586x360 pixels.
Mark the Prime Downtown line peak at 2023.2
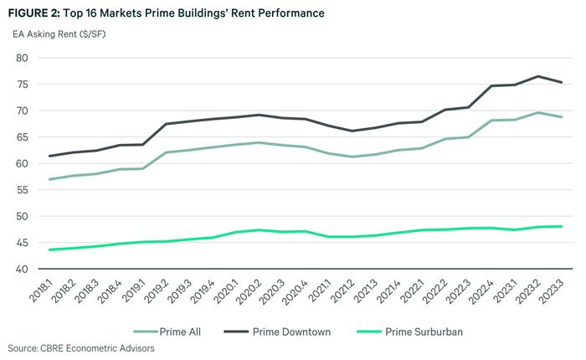(x=538, y=76)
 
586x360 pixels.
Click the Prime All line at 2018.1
(x=51, y=179)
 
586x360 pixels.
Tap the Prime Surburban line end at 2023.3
(x=562, y=226)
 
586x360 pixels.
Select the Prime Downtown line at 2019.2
(x=165, y=124)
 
